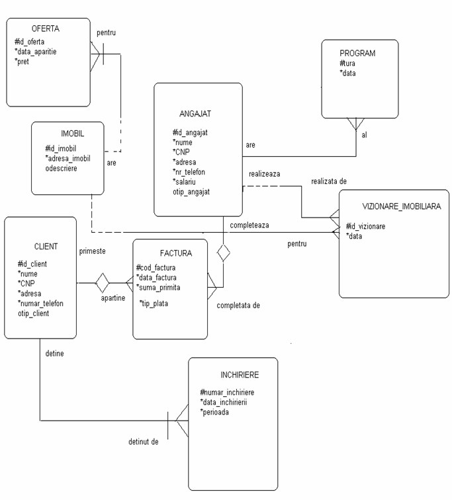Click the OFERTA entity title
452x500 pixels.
tap(46, 29)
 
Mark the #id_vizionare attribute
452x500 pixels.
tap(367, 227)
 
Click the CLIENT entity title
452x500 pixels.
tap(45, 246)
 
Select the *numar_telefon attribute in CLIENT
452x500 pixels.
tap(40, 303)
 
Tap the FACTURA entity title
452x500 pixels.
tap(175, 253)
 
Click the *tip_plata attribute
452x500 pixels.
tap(157, 304)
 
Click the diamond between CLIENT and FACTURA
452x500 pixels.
tap(101, 283)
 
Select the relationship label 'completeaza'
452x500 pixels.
tap(249, 225)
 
